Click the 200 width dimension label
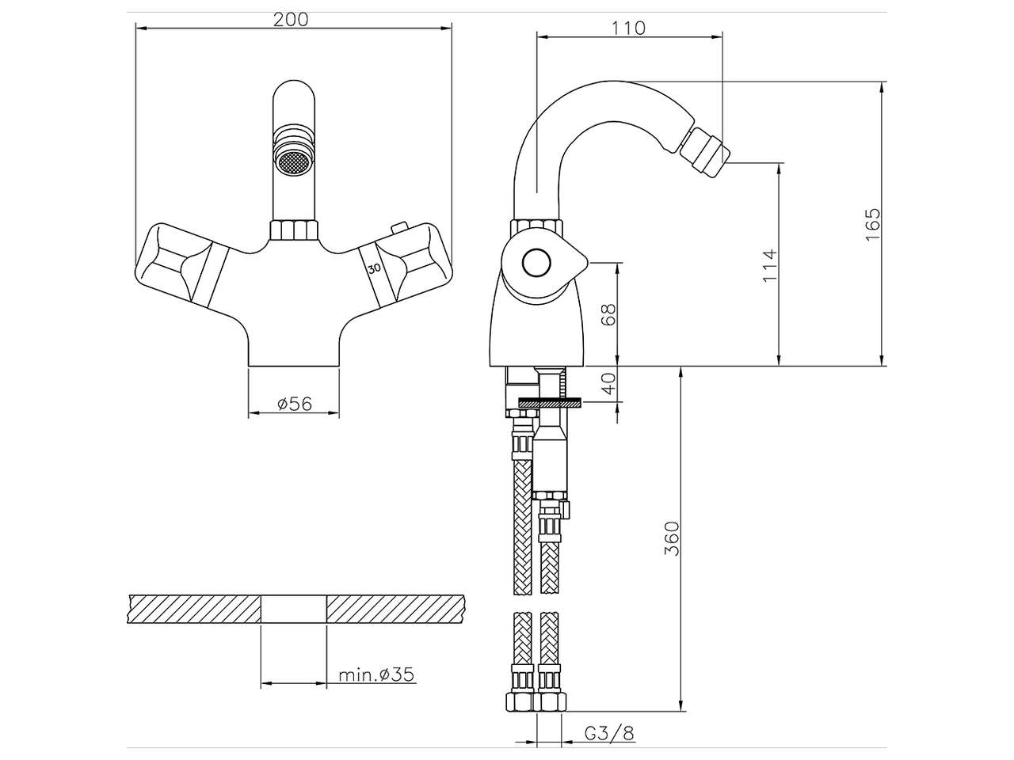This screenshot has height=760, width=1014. (291, 20)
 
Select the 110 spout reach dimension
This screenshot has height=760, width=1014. (629, 28)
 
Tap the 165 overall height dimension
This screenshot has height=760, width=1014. (872, 224)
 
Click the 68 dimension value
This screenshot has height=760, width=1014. (608, 314)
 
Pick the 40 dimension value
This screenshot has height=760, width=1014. (608, 384)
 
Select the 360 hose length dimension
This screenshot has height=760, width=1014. (671, 538)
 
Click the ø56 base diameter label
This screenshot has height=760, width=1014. (295, 404)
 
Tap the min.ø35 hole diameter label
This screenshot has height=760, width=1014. (376, 674)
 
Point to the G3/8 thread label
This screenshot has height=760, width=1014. (609, 733)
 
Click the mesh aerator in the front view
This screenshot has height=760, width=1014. (293, 161)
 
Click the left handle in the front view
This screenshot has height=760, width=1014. (181, 264)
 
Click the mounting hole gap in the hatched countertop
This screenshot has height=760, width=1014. (293, 609)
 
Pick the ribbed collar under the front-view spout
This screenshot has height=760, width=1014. (294, 230)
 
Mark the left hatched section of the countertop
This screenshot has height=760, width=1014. (194, 609)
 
